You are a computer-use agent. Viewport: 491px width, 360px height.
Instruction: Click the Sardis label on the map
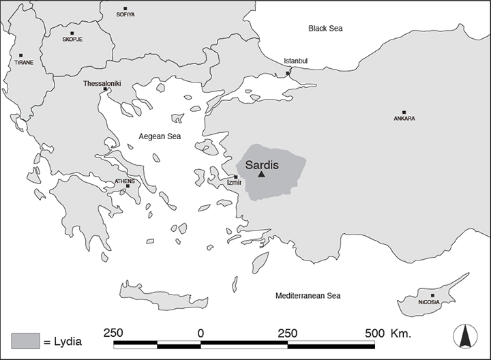click(x=262, y=165)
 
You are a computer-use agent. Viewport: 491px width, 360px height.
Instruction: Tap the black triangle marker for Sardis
click(x=261, y=175)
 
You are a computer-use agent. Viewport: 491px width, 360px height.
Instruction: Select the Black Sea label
click(x=325, y=29)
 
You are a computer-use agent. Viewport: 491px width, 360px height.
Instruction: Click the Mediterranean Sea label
click(x=308, y=296)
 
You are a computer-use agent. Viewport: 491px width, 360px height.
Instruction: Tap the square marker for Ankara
click(x=404, y=112)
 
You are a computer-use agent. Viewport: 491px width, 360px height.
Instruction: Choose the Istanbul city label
click(x=296, y=61)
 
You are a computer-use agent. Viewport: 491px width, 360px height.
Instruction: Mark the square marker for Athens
click(x=128, y=186)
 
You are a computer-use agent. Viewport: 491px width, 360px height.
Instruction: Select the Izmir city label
click(x=234, y=183)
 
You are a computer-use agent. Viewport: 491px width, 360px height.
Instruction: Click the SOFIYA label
click(x=126, y=14)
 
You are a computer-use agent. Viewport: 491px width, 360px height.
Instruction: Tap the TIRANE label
click(x=24, y=63)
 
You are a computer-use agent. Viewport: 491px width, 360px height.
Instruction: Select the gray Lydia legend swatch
click(x=25, y=340)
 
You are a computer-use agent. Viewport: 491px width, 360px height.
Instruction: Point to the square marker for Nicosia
click(x=432, y=295)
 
